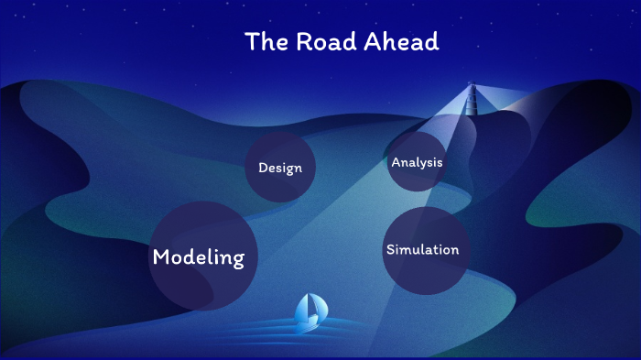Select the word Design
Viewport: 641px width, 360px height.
[x=280, y=169]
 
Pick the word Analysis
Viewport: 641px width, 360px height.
[x=417, y=162]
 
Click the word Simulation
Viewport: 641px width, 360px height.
[x=422, y=250]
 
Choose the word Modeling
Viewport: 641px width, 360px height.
[x=199, y=258]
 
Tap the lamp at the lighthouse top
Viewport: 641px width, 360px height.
[x=473, y=89]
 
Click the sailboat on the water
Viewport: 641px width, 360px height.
[x=309, y=311]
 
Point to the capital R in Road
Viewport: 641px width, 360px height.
[x=303, y=42]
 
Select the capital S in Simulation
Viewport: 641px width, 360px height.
[x=391, y=250]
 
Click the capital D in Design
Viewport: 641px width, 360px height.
[x=263, y=169]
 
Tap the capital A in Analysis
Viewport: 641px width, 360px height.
[x=396, y=162]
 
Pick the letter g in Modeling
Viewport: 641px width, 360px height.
[x=237, y=261]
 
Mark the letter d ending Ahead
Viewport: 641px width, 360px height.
[x=432, y=42]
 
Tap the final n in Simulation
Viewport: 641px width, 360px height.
[x=454, y=250]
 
